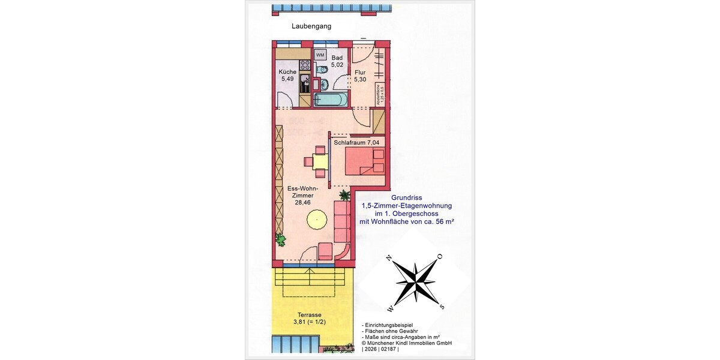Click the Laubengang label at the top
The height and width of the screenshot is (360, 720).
tap(311, 26)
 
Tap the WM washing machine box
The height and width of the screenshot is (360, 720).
tap(320, 55)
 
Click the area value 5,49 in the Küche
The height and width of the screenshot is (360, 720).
tap(287, 79)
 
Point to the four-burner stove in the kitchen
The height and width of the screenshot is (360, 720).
tap(305, 64)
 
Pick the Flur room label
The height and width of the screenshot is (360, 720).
tap(360, 72)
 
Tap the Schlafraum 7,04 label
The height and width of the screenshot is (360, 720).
tap(357, 143)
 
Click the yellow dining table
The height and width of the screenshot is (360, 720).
tap(320, 161)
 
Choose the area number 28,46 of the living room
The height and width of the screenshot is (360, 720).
tap(303, 203)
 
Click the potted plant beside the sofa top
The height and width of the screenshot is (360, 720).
tap(344, 195)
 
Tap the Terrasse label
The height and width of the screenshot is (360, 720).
tap(310, 315)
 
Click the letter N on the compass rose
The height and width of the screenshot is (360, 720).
tap(389, 258)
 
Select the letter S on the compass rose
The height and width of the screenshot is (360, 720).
tap(442, 307)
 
